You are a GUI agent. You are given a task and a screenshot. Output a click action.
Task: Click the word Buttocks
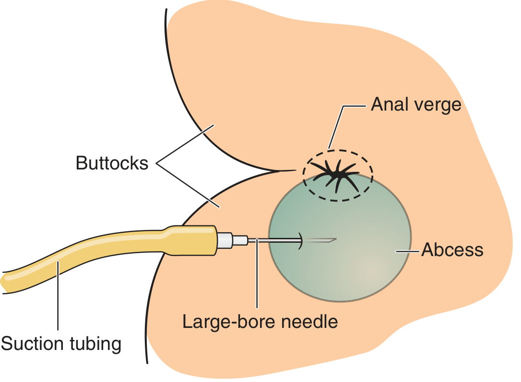pyautogui.click(x=112, y=164)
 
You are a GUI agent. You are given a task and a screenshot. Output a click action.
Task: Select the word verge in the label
pyautogui.click(x=438, y=104)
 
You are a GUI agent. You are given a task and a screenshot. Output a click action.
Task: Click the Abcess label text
pyautogui.click(x=452, y=250)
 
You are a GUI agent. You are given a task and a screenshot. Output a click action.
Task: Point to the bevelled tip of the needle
pyautogui.click(x=332, y=239)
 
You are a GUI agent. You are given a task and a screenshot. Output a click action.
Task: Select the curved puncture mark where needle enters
pyautogui.click(x=301, y=240)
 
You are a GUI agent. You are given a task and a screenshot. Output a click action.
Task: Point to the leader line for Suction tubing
pyautogui.click(x=58, y=297)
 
